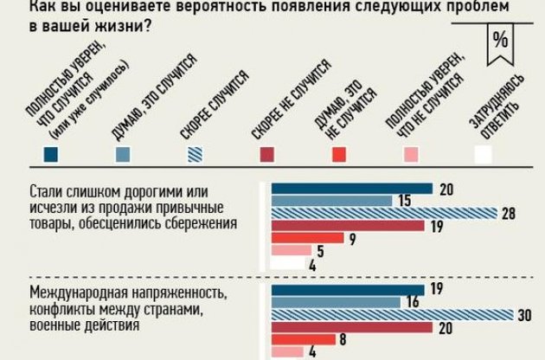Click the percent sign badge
click(x=499, y=43)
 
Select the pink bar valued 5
click(x=292, y=252)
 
